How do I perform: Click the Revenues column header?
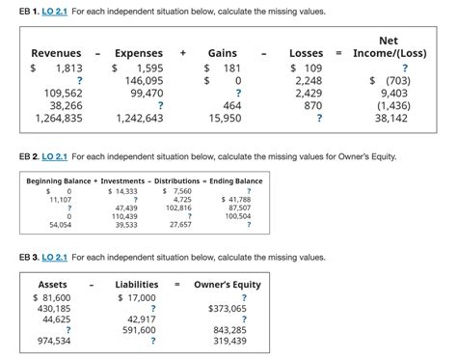(56, 52)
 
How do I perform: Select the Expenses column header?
(138, 52)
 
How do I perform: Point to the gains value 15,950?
(225, 118)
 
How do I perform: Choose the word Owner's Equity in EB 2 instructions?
(365, 156)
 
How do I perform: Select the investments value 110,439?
(126, 216)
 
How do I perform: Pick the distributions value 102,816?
(178, 208)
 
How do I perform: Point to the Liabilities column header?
(137, 285)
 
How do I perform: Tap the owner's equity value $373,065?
(228, 308)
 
